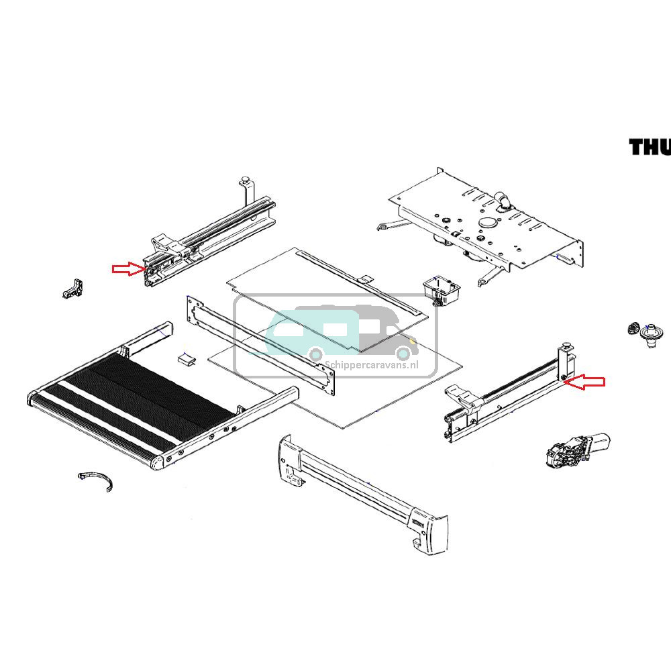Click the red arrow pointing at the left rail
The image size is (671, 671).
coord(127,269)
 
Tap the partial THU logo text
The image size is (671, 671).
coord(649,147)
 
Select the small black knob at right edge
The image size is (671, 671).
coord(632,328)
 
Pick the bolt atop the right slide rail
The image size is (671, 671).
coord(568,346)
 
